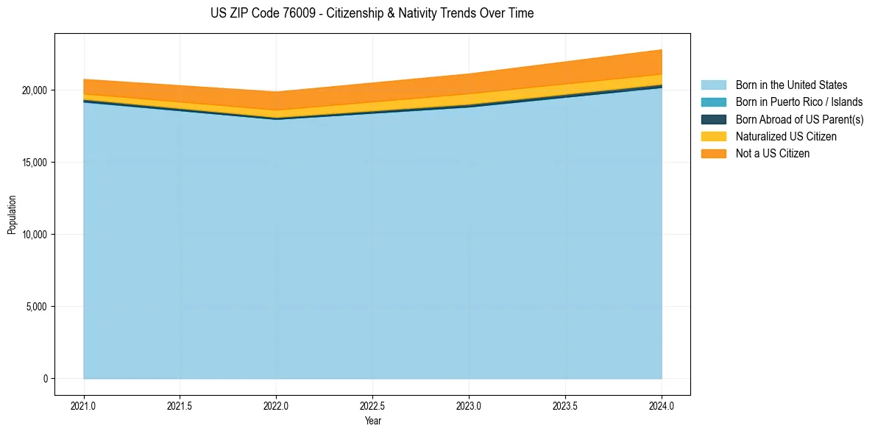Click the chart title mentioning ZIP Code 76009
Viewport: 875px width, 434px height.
tap(372, 13)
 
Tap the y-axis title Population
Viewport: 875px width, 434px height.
tap(12, 214)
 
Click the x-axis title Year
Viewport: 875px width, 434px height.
tap(372, 421)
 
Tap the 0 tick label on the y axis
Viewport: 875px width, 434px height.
tap(43, 379)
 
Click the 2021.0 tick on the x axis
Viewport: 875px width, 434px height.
tap(84, 405)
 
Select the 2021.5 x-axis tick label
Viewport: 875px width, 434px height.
tap(180, 405)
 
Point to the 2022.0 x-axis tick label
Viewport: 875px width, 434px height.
tap(276, 405)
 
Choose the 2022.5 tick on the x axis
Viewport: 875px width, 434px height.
tap(372, 405)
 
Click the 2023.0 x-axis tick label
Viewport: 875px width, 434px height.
tap(469, 405)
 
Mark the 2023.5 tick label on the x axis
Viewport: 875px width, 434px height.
tap(565, 405)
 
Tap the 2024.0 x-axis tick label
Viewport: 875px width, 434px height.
tap(662, 405)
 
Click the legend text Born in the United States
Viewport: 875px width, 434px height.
tap(791, 85)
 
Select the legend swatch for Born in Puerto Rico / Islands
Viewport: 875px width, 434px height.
tap(713, 102)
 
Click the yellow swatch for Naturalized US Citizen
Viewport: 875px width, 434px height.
tap(713, 136)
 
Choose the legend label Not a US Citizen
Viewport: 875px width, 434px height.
tap(772, 154)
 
